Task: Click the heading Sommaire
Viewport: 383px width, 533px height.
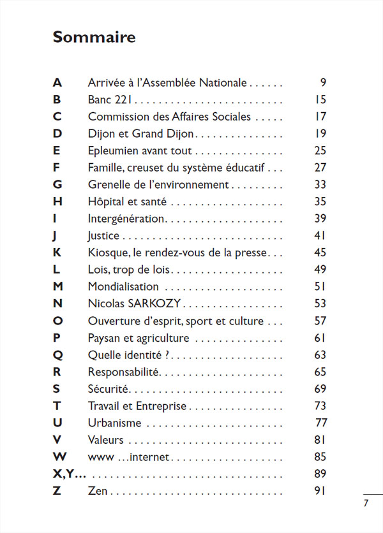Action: pyautogui.click(x=94, y=37)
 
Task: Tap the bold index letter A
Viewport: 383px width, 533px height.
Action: pyautogui.click(x=57, y=83)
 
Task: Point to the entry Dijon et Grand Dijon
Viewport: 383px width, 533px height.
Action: pyautogui.click(x=140, y=134)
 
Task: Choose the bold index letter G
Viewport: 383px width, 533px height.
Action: pyautogui.click(x=57, y=185)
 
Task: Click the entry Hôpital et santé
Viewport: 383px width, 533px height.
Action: pyautogui.click(x=127, y=202)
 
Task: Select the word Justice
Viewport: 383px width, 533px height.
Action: pyautogui.click(x=103, y=236)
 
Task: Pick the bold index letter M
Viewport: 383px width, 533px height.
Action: pyautogui.click(x=57, y=287)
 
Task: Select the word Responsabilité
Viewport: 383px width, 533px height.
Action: pyautogui.click(x=123, y=372)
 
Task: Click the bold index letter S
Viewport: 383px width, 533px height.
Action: pyautogui.click(x=57, y=389)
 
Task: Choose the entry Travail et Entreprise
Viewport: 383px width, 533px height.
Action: pyautogui.click(x=137, y=405)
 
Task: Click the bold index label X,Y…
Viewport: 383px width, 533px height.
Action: pyautogui.click(x=69, y=474)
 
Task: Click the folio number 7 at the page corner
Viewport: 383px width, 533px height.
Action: pyautogui.click(x=366, y=503)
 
